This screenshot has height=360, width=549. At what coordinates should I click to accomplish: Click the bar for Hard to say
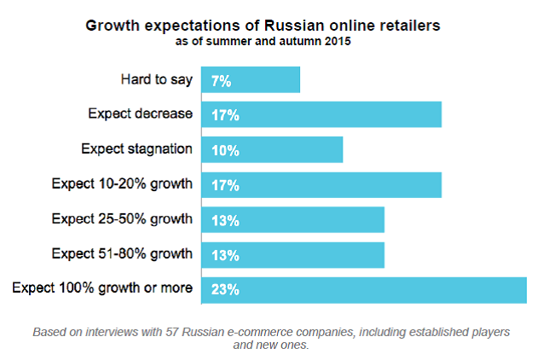tap(251, 80)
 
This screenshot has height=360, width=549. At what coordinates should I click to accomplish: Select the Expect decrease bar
tap(321, 114)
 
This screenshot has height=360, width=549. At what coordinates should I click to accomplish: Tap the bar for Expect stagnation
tap(272, 149)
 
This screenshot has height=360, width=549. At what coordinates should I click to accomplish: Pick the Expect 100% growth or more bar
tap(364, 288)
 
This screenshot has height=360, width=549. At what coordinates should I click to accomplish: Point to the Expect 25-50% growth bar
tap(292, 219)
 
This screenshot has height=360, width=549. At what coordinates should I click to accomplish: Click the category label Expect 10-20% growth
tap(122, 183)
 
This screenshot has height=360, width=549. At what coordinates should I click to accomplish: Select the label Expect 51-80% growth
tap(122, 253)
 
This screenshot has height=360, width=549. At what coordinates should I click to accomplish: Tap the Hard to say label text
tap(157, 79)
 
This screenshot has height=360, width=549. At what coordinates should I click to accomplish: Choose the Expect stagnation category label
tap(136, 148)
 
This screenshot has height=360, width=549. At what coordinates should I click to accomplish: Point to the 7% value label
tap(221, 81)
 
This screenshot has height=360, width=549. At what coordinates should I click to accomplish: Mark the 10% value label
tap(224, 150)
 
